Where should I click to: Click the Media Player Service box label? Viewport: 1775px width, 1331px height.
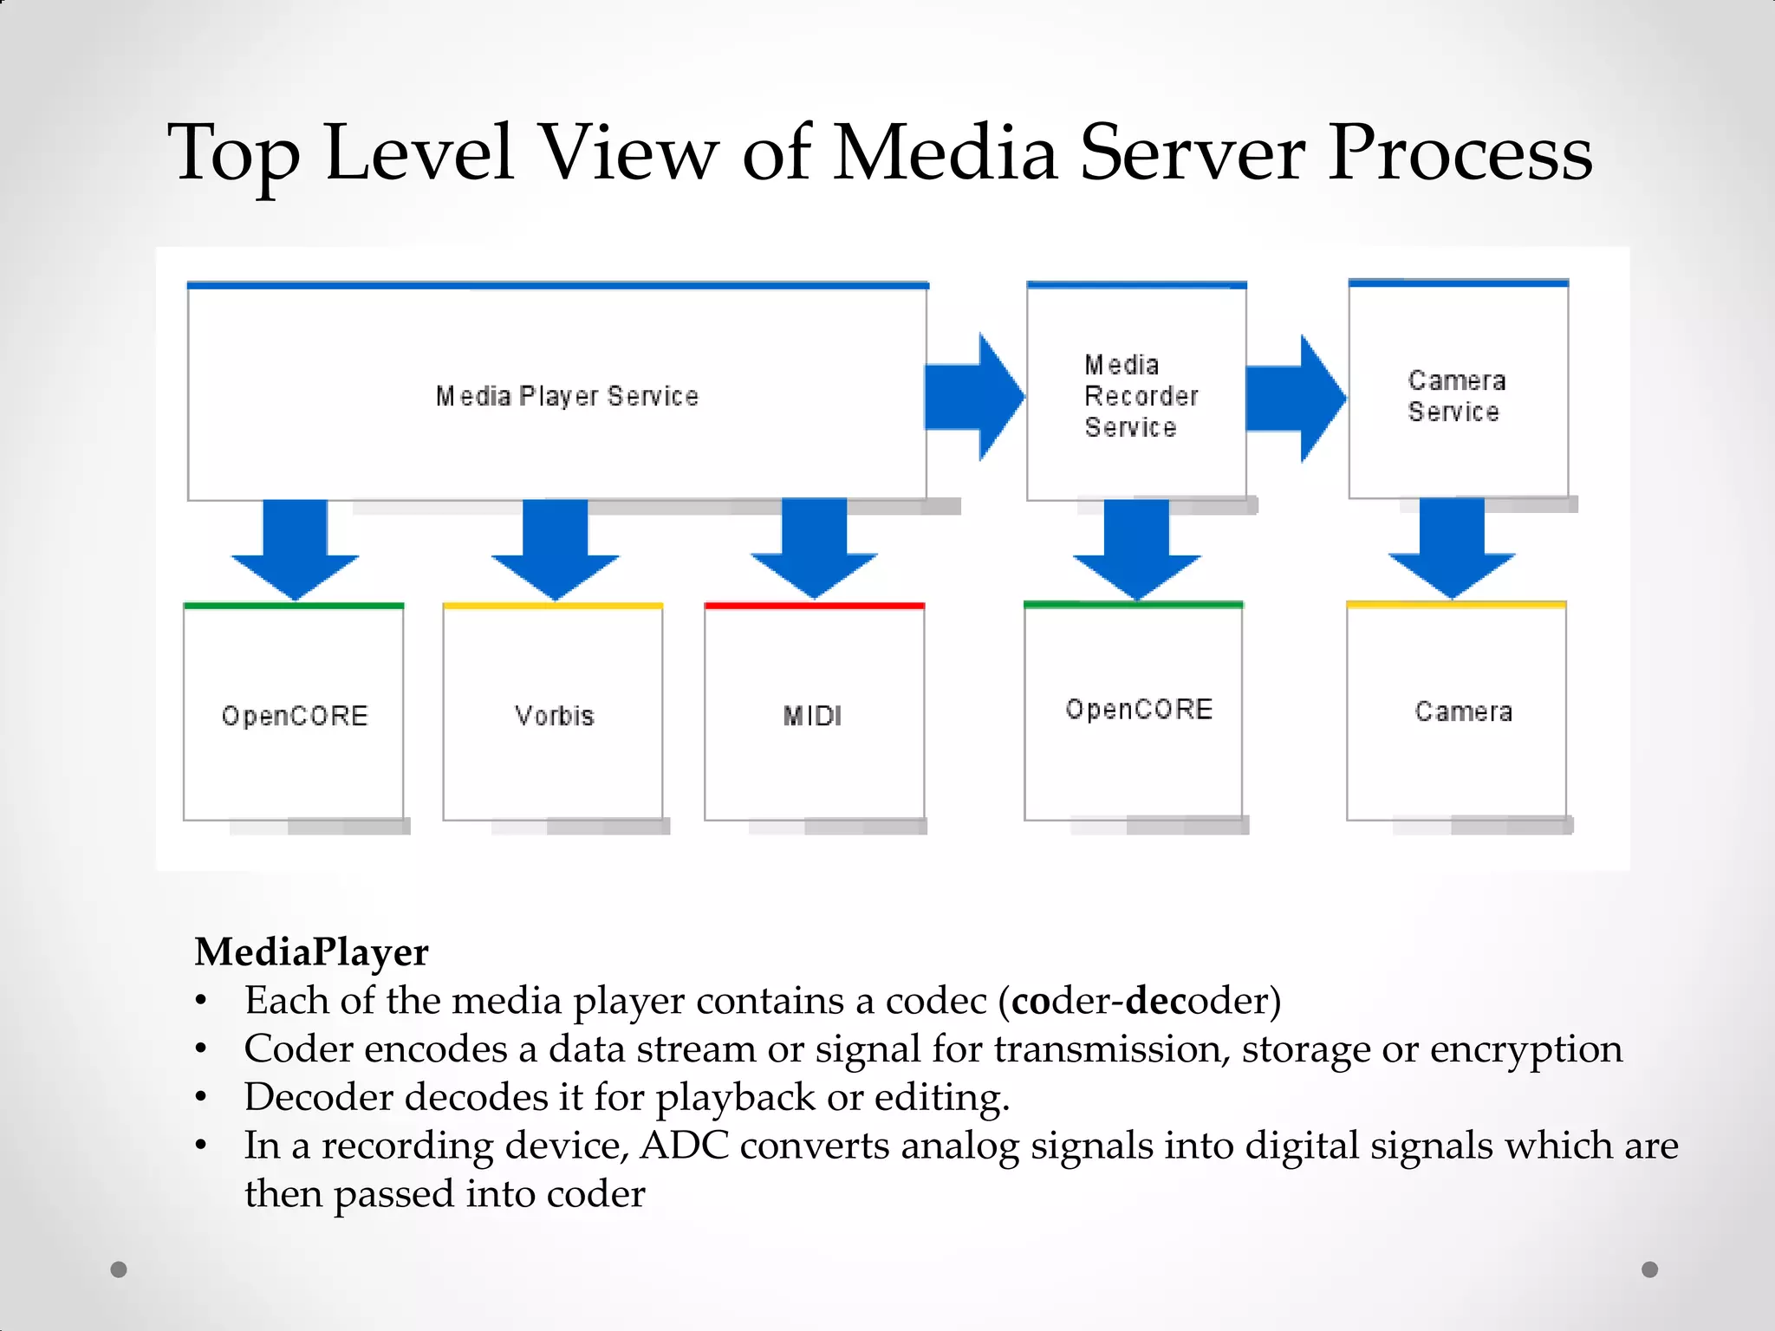click(x=567, y=396)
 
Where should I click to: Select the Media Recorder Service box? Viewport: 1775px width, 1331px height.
click(x=1136, y=395)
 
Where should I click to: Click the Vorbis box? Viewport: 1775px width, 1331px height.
click(x=553, y=715)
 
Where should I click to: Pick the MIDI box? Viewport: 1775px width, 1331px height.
click(x=813, y=715)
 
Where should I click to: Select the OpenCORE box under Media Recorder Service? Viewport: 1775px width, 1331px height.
click(x=1136, y=711)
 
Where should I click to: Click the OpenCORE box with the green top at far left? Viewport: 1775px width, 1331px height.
click(x=294, y=715)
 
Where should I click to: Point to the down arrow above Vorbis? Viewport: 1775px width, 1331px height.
click(x=556, y=550)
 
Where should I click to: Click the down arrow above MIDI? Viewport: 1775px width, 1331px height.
click(x=815, y=549)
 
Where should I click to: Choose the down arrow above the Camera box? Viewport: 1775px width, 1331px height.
click(x=1453, y=549)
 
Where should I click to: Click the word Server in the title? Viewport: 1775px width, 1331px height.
click(x=1192, y=153)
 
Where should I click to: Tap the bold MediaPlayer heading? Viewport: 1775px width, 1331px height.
click(x=311, y=951)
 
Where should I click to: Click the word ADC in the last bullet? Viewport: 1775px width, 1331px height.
click(x=685, y=1146)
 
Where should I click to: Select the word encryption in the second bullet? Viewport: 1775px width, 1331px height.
click(x=1525, y=1049)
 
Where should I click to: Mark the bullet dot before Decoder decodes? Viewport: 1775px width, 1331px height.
click(x=201, y=1097)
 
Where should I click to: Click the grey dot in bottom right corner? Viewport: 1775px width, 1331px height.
click(x=1649, y=1269)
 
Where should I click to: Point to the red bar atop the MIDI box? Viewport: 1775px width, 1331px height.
click(x=815, y=606)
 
